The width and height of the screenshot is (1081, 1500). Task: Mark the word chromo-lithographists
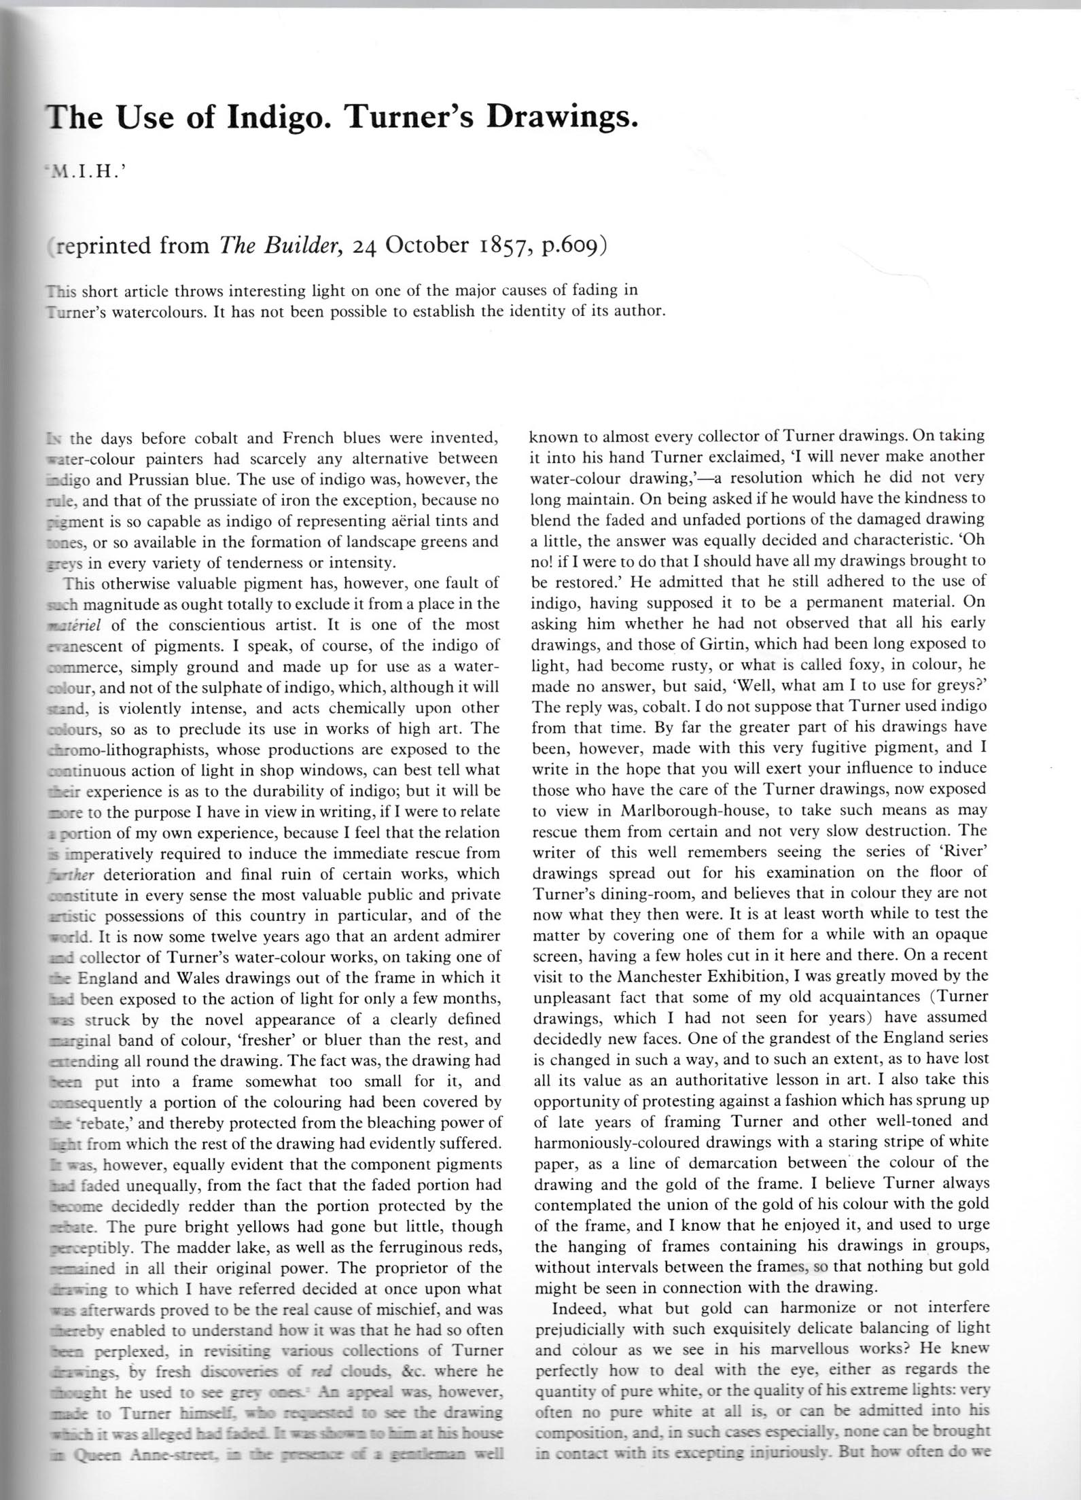(x=128, y=750)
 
